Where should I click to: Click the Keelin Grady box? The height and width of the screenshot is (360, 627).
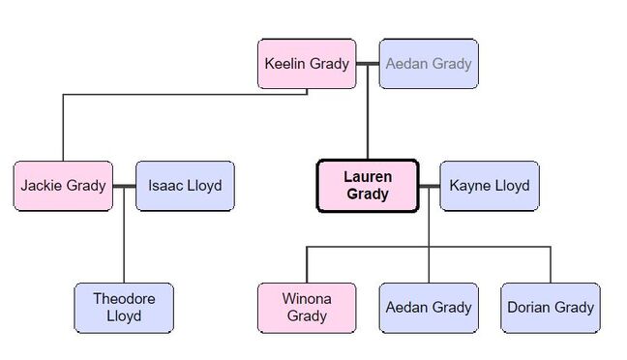[307, 64]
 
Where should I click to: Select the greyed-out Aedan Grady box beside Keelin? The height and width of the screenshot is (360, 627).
[428, 64]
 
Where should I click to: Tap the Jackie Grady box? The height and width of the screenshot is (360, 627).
[63, 186]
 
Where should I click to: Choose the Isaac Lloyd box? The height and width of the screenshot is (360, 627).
[185, 186]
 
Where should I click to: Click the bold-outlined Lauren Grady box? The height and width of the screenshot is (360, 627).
[367, 186]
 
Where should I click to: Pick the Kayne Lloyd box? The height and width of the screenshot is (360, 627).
[490, 186]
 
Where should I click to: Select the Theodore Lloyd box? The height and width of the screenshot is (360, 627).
[124, 308]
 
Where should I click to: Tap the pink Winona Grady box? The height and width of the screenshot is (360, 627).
[307, 308]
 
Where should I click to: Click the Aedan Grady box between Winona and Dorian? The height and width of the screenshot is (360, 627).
[428, 308]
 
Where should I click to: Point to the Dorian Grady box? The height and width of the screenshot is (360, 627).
[550, 308]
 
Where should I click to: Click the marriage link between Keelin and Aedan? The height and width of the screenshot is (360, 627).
[368, 64]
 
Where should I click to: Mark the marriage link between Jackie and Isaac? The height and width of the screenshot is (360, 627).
[124, 186]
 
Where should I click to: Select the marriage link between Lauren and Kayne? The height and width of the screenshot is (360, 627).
[429, 186]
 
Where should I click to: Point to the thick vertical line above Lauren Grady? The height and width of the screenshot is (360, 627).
[368, 116]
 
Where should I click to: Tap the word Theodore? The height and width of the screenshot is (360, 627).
[124, 299]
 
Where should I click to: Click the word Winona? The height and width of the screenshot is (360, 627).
[307, 299]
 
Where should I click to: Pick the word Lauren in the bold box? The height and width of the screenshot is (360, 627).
[367, 177]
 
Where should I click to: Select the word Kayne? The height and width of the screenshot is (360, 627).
[470, 186]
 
